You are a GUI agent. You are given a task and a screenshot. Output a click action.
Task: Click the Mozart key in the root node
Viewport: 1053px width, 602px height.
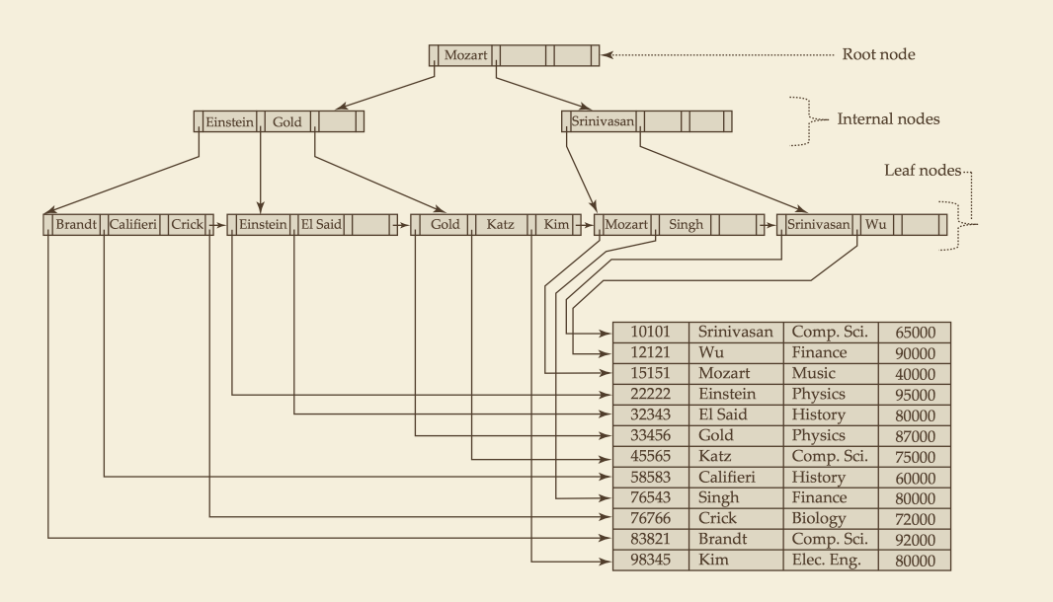click(x=465, y=55)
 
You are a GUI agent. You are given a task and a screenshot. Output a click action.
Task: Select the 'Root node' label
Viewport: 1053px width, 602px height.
click(x=878, y=54)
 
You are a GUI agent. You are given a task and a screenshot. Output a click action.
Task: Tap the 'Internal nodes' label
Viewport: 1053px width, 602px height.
click(x=888, y=119)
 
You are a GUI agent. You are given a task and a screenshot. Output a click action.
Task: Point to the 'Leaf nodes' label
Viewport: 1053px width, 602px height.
click(x=922, y=171)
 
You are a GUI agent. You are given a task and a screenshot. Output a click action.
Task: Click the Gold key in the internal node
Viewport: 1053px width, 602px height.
click(x=286, y=122)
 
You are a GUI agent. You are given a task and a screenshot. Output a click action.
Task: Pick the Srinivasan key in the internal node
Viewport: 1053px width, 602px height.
click(x=603, y=121)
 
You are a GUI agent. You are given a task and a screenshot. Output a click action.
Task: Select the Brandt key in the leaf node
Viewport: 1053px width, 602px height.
click(x=76, y=224)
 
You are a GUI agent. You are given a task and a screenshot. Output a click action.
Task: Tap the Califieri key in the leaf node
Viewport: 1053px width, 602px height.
click(x=133, y=224)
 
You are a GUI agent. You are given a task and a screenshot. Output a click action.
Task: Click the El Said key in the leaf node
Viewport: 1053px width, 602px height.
click(x=321, y=224)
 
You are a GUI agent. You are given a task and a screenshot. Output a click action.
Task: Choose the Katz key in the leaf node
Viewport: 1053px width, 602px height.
click(x=500, y=224)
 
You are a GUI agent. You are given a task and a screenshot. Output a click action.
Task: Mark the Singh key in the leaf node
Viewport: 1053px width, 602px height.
click(x=686, y=224)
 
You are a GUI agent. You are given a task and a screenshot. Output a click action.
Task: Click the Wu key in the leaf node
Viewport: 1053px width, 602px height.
click(x=875, y=224)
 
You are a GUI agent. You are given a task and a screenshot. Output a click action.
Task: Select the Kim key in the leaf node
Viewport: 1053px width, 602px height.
click(x=556, y=224)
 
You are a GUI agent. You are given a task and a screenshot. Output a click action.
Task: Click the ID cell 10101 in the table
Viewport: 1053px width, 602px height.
click(x=650, y=332)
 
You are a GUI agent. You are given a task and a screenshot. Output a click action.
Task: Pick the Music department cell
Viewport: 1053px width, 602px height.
click(x=813, y=373)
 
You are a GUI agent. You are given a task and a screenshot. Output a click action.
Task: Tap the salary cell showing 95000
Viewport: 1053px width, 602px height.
click(x=915, y=395)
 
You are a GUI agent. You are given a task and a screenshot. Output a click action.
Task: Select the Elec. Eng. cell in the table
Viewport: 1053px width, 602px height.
click(x=826, y=560)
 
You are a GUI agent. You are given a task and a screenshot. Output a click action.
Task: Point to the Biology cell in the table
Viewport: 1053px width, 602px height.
click(x=818, y=519)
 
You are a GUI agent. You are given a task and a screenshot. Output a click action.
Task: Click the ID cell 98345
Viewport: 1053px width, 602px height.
click(x=650, y=560)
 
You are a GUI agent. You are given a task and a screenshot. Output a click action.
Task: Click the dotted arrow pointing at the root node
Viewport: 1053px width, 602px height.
click(x=717, y=55)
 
